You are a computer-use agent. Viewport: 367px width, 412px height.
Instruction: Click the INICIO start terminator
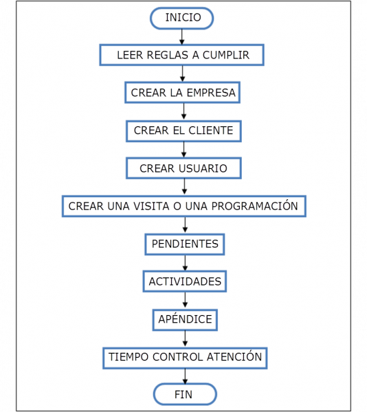(183, 18)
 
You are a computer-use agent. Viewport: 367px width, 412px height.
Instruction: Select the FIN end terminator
(184, 394)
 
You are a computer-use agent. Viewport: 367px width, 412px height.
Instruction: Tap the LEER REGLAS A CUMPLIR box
(183, 55)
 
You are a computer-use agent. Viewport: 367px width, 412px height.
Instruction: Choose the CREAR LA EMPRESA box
(183, 93)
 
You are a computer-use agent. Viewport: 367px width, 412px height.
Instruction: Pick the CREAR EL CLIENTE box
(183, 130)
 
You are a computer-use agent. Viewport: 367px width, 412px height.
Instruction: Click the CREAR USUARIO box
(183, 168)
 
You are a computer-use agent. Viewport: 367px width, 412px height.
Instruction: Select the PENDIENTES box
(184, 244)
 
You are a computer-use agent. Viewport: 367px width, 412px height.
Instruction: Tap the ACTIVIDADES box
(184, 282)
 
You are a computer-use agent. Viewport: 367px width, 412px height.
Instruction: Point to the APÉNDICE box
(184, 319)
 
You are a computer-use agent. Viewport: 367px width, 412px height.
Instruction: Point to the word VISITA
(153, 206)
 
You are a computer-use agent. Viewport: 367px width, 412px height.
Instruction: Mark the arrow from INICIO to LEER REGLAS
(183, 36)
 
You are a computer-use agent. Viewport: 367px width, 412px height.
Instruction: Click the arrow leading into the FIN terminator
(184, 376)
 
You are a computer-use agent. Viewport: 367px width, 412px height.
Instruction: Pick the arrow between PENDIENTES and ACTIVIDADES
(184, 263)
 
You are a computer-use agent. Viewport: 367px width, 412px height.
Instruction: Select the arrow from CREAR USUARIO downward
(183, 187)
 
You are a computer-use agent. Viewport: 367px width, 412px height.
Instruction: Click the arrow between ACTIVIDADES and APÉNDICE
(184, 301)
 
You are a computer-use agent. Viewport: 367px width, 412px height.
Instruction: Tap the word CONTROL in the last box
(178, 357)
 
